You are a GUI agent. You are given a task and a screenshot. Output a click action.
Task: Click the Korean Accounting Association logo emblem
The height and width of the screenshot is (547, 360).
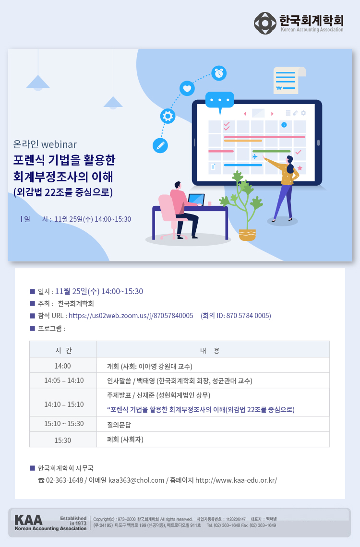265,24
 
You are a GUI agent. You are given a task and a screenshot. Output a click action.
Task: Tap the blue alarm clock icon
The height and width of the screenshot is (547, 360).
219,73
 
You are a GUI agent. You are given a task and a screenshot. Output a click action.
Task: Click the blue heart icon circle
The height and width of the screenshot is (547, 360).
187,89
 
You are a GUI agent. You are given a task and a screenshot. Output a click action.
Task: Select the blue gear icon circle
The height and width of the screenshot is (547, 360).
168,116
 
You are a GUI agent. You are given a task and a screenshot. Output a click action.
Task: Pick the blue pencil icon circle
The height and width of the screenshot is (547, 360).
160,145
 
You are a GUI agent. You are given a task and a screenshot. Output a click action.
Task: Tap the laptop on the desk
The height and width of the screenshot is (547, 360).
196,200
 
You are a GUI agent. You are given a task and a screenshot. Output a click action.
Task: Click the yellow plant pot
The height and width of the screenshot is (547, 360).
247,235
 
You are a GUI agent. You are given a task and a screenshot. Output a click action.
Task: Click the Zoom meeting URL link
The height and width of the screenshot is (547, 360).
131,316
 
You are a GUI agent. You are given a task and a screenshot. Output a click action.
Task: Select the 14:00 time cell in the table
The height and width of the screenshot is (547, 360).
63,366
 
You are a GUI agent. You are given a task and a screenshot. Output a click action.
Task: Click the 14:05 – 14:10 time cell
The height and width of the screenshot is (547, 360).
63,381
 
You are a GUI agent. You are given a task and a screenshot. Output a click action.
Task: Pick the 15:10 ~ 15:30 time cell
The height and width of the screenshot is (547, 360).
63,424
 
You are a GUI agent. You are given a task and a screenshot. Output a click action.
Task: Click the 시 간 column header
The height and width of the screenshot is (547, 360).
63,350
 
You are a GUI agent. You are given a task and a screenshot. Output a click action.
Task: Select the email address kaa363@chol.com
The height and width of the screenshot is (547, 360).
136,480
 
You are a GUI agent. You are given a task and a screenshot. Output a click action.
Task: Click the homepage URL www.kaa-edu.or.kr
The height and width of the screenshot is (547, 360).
236,480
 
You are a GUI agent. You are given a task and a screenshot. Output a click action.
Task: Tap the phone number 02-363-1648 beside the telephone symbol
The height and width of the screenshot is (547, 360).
64,480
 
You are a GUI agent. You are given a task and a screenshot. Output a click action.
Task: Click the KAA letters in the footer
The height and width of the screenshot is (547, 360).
29,520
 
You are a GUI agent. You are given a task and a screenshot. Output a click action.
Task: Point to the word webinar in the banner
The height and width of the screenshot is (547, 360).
59,144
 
